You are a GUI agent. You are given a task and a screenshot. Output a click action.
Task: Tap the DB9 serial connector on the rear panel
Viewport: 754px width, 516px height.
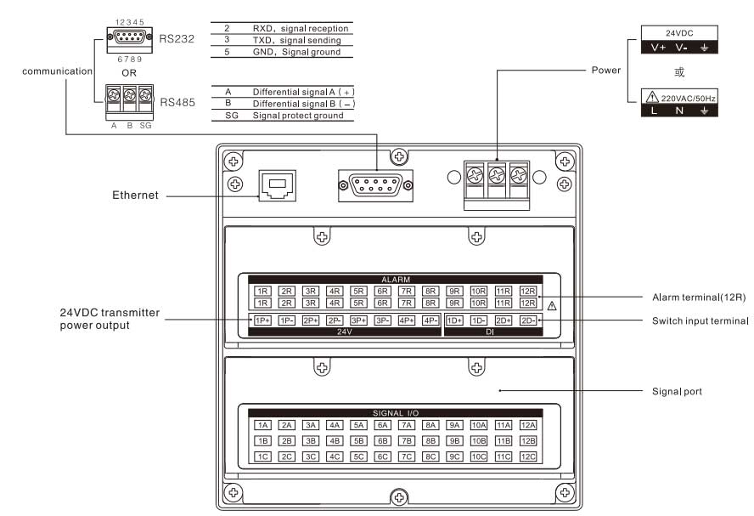pyautogui.click(x=375, y=184)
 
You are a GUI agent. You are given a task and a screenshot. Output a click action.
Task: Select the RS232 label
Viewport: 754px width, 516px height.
pyautogui.click(x=177, y=38)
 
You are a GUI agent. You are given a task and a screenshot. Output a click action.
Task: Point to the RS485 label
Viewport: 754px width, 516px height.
pyautogui.click(x=177, y=103)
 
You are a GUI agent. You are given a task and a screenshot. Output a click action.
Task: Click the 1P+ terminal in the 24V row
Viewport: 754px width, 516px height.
pyautogui.click(x=262, y=320)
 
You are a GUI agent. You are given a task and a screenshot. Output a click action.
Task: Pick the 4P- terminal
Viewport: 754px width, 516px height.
pyautogui.click(x=430, y=320)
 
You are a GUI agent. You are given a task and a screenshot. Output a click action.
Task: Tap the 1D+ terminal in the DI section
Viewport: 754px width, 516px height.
pyautogui.click(x=455, y=320)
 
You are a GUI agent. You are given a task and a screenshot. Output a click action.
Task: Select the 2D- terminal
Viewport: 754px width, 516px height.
pyautogui.click(x=528, y=320)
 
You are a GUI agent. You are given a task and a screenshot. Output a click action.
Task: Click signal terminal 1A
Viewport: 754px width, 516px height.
pyautogui.click(x=262, y=425)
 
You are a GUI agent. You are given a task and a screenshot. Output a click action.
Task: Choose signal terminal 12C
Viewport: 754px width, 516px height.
pyautogui.click(x=528, y=456)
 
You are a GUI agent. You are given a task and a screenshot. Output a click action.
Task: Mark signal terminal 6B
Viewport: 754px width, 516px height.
pyautogui.click(x=383, y=441)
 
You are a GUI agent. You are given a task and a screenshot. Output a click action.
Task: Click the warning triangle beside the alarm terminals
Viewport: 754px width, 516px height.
pyautogui.click(x=552, y=304)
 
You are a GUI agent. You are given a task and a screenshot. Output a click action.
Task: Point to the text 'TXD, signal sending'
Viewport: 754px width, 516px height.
pyautogui.click(x=297, y=40)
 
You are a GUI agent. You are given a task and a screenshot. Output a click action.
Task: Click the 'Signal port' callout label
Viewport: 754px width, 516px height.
pyautogui.click(x=676, y=391)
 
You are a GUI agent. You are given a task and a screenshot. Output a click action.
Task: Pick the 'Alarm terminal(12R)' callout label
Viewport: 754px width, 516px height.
pyautogui.click(x=699, y=297)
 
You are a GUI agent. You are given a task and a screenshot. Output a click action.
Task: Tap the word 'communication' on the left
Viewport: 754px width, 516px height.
pyautogui.click(x=58, y=71)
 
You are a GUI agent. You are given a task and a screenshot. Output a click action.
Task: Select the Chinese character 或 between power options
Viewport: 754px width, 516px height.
pyautogui.click(x=678, y=71)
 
